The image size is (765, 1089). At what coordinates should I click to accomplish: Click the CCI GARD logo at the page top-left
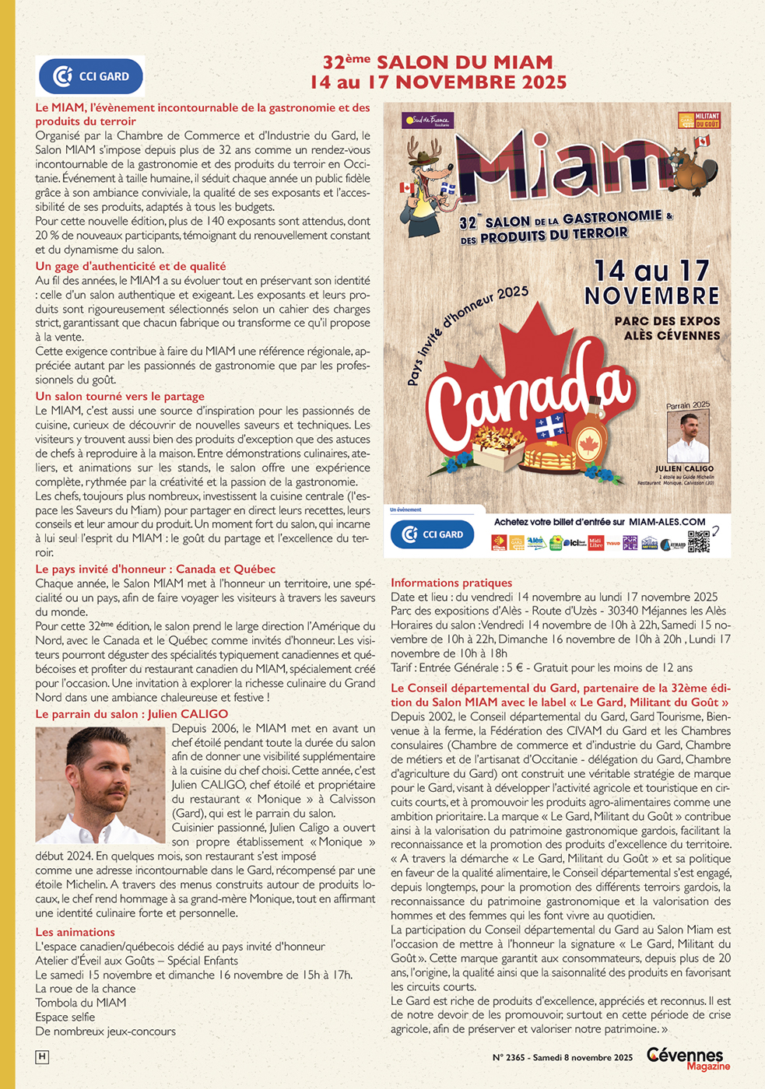[91, 76]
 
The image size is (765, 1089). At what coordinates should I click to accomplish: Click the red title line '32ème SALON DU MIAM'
[437, 62]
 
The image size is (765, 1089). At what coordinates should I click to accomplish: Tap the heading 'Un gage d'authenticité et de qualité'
[131, 266]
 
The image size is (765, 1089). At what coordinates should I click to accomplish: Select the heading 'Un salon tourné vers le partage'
[120, 396]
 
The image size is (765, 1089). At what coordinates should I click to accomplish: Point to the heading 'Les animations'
[75, 932]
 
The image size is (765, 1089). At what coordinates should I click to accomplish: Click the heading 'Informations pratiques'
[451, 583]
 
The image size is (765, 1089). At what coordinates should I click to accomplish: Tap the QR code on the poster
[698, 541]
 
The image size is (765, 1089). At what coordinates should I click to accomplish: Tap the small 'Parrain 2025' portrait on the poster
[688, 436]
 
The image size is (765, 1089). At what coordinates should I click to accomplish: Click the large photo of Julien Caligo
[100, 784]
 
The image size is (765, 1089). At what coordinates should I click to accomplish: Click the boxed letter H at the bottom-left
[42, 1056]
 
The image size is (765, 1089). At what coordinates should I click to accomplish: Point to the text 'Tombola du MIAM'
[81, 1003]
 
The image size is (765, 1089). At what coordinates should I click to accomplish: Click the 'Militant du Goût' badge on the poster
[699, 121]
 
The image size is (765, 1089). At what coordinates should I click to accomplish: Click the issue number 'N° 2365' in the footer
[509, 1057]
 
